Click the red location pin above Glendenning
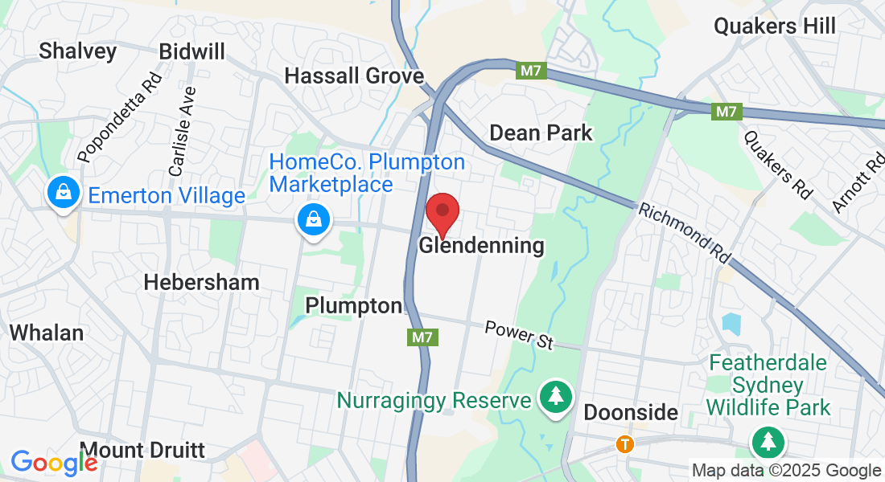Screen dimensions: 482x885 (442, 212)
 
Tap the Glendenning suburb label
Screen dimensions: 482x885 (481, 246)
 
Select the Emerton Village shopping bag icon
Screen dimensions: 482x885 (62, 194)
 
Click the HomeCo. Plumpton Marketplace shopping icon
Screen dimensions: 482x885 (314, 219)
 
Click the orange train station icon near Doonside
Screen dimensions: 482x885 (624, 443)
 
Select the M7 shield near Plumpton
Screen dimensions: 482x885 (424, 337)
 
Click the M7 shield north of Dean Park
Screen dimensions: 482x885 (531, 71)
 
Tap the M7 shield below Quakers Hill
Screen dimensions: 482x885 (726, 112)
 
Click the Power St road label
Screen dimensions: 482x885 (520, 335)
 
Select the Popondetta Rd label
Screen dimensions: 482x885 (120, 117)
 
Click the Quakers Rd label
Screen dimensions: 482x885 (776, 165)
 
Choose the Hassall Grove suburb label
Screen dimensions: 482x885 (354, 76)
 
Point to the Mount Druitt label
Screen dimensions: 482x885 (143, 449)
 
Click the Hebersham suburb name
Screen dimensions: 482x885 (201, 282)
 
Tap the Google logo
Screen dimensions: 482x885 (54, 463)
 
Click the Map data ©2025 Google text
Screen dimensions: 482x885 (786, 471)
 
